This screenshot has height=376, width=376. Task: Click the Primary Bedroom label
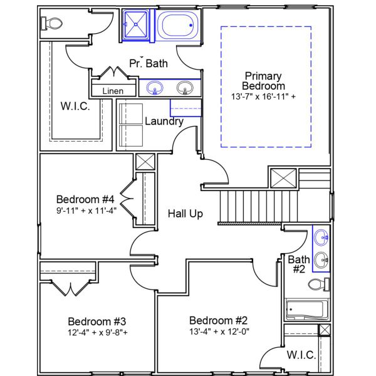pos(264,81)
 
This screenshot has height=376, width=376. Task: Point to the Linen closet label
pos(113,91)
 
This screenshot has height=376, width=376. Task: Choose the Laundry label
pos(164,122)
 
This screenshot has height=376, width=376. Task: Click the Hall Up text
pos(185,214)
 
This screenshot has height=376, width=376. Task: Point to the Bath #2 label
pos(298,264)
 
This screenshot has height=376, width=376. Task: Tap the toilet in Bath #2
pos(318,286)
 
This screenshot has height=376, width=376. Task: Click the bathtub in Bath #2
pos(305,309)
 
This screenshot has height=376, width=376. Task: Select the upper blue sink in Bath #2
pos(321,237)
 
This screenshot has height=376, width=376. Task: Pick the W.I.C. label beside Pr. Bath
pos(75,106)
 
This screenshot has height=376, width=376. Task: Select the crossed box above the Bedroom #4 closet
pos(145,161)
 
